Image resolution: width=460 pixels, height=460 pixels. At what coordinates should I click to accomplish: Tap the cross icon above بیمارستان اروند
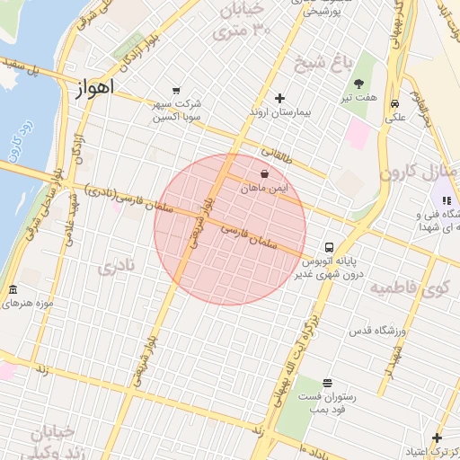tap(279, 98)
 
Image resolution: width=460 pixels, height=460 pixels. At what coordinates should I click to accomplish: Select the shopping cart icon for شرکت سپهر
tap(175, 90)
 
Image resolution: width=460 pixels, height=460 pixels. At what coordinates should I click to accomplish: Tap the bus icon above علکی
tap(394, 103)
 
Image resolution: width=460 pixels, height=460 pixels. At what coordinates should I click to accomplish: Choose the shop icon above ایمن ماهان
tap(264, 173)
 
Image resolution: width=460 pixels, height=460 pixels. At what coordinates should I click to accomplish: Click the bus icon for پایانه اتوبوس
tap(330, 245)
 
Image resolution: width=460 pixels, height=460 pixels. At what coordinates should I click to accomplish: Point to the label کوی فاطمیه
tap(410, 288)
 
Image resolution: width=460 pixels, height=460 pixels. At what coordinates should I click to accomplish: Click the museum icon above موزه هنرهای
tap(13, 290)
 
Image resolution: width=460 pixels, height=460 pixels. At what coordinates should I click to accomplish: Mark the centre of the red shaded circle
tap(230, 229)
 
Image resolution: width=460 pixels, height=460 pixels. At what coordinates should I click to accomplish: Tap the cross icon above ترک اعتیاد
tap(438, 438)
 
